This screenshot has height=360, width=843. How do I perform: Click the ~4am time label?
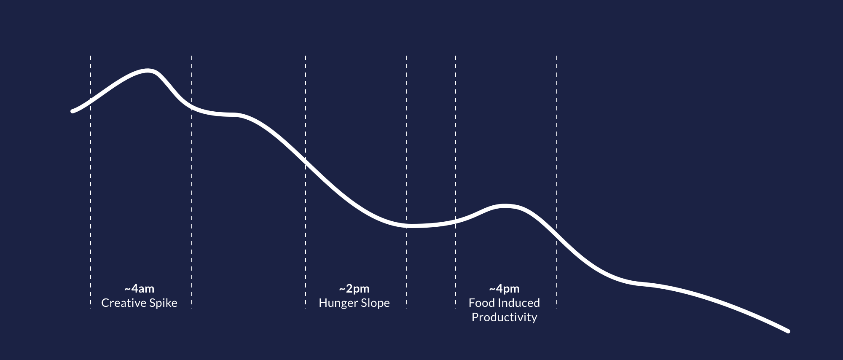[x=139, y=289]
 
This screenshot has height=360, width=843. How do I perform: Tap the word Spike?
[x=163, y=303]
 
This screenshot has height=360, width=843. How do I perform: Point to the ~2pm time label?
[x=354, y=289]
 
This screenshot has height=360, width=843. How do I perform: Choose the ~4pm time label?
[x=504, y=289]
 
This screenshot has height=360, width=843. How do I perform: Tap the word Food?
[x=482, y=303]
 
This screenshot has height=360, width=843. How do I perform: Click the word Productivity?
[x=504, y=317]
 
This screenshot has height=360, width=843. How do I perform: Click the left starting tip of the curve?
[x=72, y=111]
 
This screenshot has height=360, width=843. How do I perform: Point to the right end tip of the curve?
[x=787, y=331]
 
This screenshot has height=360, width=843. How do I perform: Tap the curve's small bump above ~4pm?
[x=504, y=206]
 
